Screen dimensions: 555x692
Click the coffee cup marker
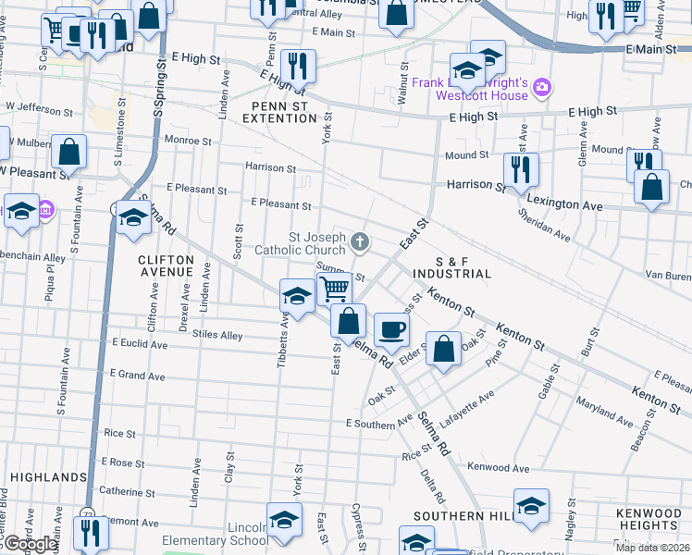pyautogui.click(x=391, y=329)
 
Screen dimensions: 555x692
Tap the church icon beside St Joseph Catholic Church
pyautogui.click(x=360, y=243)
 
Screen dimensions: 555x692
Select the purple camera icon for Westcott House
pyautogui.click(x=541, y=89)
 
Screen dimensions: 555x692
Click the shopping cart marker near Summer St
pyautogui.click(x=334, y=289)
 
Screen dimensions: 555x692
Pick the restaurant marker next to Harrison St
pyautogui.click(x=521, y=169)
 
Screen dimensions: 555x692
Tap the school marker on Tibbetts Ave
pyautogui.click(x=296, y=295)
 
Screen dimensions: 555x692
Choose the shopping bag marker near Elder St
pyautogui.click(x=444, y=350)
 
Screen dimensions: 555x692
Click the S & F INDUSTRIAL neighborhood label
pyautogui.click(x=452, y=267)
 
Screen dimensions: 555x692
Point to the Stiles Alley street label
pyautogui.click(x=218, y=336)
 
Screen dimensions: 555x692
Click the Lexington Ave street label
pyautogui.click(x=564, y=201)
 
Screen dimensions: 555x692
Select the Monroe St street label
pyautogui.click(x=189, y=142)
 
